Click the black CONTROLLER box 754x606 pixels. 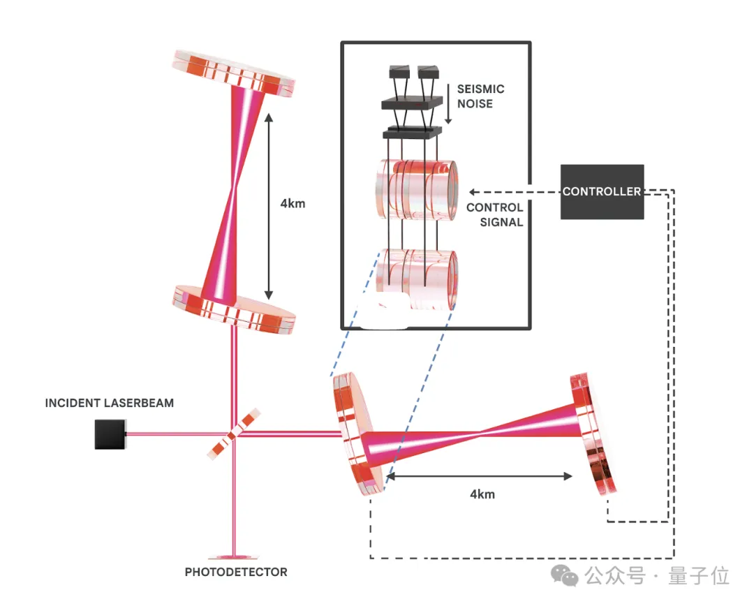point(602,191)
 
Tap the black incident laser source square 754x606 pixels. point(110,434)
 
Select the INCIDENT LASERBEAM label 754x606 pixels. point(110,403)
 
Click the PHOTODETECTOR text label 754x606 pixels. point(236,572)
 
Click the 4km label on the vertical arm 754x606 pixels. point(293,205)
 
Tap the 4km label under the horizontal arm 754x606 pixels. point(482,494)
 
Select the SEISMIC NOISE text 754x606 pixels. point(480,96)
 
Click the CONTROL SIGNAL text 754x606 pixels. point(494,214)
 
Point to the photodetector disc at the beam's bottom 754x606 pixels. point(235,556)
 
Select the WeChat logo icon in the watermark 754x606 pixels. point(565,575)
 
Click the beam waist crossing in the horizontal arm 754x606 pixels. point(479,436)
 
